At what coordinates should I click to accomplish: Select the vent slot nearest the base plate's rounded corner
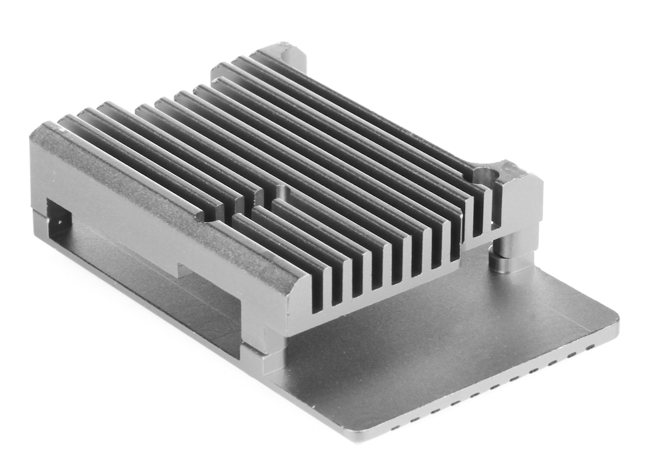coord(590,347)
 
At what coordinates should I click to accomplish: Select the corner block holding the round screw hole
coord(517,196)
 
